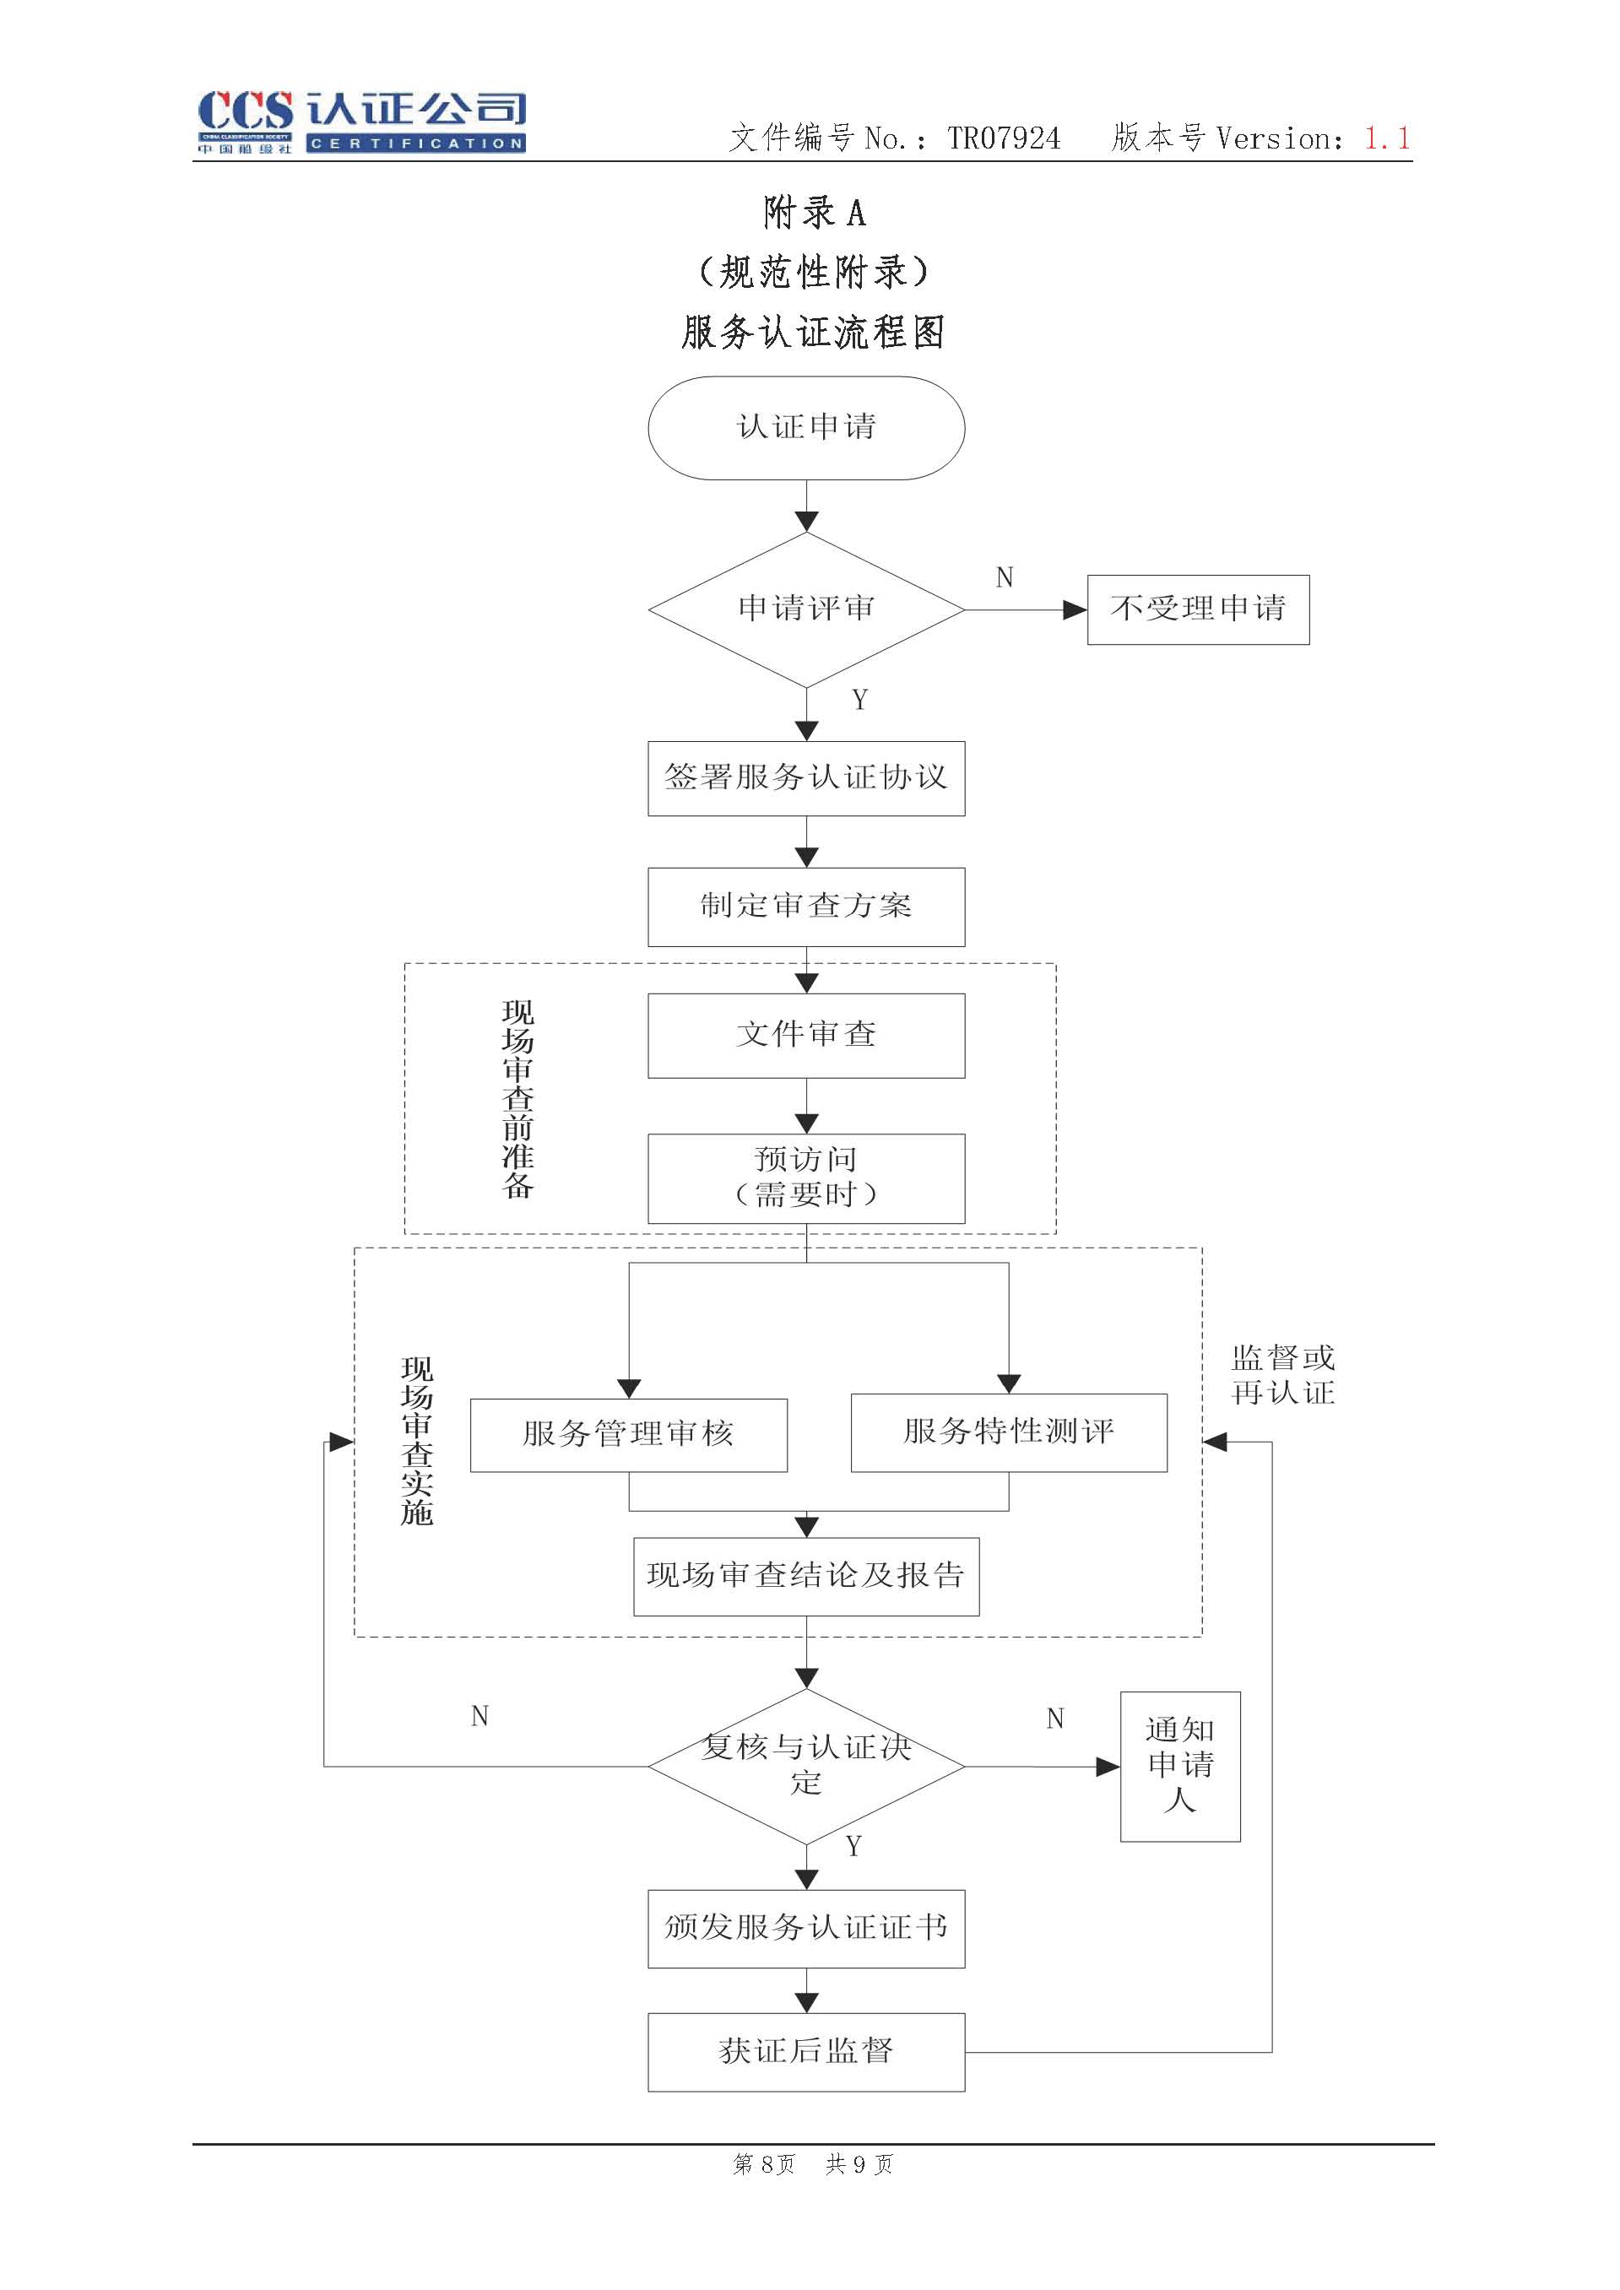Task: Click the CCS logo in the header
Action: pyautogui.click(x=361, y=122)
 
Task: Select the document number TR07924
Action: pyautogui.click(x=1004, y=138)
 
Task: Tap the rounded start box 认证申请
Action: pyautogui.click(x=806, y=428)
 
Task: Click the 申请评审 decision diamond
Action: pyautogui.click(x=806, y=609)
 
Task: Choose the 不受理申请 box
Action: pyautogui.click(x=1198, y=609)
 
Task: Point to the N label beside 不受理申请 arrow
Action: pyautogui.click(x=1005, y=577)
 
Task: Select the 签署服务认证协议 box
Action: pyautogui.click(x=806, y=778)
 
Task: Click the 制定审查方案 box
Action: pyautogui.click(x=806, y=907)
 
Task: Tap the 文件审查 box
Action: pyautogui.click(x=806, y=1036)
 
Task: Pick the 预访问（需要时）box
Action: pyautogui.click(x=806, y=1177)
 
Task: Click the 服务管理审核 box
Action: pyautogui.click(x=628, y=1434)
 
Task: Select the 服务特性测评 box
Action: pyautogui.click(x=1009, y=1432)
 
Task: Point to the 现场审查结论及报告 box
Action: pyautogui.click(x=806, y=1576)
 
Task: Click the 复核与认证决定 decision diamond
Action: pyautogui.click(x=806, y=1767)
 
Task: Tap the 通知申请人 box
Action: pyautogui.click(x=1180, y=1765)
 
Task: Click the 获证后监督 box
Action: pyautogui.click(x=806, y=2052)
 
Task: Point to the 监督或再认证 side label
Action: pyautogui.click(x=1283, y=1374)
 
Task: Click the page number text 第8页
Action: pyautogui.click(x=764, y=2163)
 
